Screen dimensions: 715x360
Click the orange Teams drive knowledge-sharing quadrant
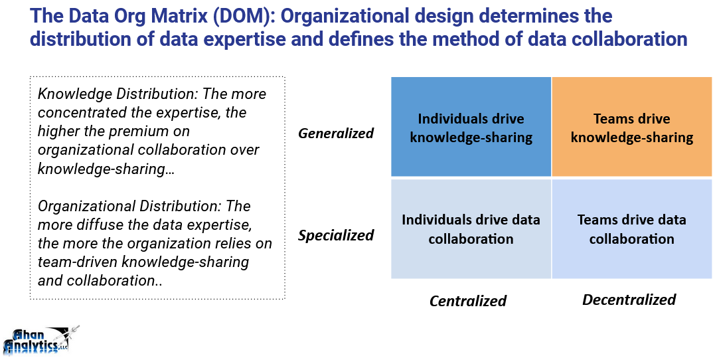(x=632, y=126)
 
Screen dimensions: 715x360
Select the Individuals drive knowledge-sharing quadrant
(x=471, y=126)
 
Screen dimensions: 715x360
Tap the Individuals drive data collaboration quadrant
(x=471, y=228)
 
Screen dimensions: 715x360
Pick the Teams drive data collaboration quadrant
(x=632, y=228)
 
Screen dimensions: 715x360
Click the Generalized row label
(x=336, y=134)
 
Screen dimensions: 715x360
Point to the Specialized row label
(x=336, y=235)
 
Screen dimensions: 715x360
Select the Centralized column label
(x=468, y=301)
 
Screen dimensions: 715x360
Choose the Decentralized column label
(x=629, y=300)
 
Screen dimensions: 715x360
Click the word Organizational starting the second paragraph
(x=82, y=206)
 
